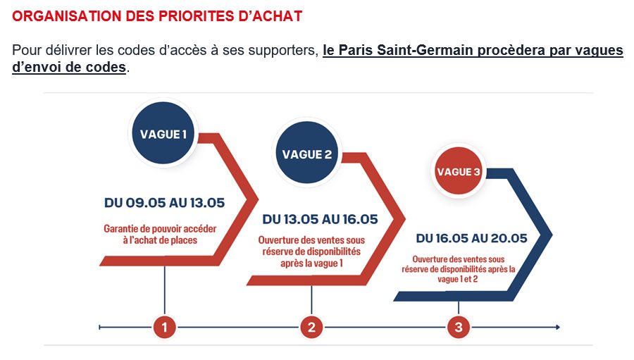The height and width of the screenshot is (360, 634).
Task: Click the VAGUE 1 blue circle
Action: [164, 133]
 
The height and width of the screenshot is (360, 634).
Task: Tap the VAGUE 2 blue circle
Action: [306, 154]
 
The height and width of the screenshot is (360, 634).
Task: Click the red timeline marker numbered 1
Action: [164, 327]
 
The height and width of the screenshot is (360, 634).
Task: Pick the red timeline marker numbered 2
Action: [311, 327]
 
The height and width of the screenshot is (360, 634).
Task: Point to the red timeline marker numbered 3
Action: [459, 327]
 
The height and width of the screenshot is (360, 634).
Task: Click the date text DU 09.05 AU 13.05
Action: [164, 203]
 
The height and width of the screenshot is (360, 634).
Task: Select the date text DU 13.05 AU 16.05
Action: [320, 219]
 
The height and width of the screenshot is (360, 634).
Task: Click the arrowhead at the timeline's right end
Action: [557, 327]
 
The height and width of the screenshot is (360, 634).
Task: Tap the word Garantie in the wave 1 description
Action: [122, 228]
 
